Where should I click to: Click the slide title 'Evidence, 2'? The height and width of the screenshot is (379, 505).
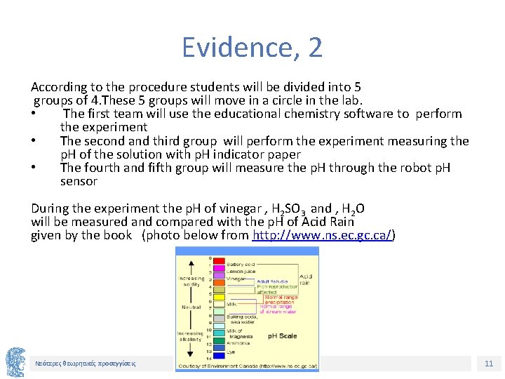pyautogui.click(x=252, y=48)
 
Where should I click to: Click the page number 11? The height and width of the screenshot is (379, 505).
pyautogui.click(x=489, y=364)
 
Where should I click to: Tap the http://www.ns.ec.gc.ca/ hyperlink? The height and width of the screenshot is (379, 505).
pyautogui.click(x=322, y=235)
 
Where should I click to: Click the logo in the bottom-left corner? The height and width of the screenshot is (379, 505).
pyautogui.click(x=15, y=362)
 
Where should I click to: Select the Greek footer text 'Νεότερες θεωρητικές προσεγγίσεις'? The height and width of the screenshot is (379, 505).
pyautogui.click(x=86, y=364)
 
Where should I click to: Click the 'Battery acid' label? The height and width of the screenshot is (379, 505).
pyautogui.click(x=241, y=263)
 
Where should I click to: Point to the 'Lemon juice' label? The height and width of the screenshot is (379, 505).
pyautogui.click(x=241, y=271)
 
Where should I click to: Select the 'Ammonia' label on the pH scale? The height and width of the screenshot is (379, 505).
pyautogui.click(x=238, y=343)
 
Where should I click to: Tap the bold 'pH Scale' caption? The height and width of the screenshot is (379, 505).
pyautogui.click(x=282, y=336)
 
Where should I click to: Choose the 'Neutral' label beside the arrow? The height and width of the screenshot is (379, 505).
pyautogui.click(x=191, y=307)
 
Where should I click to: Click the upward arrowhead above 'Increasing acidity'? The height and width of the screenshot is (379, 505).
pyautogui.click(x=190, y=262)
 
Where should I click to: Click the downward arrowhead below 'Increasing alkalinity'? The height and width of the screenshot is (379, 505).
pyautogui.click(x=190, y=355)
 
